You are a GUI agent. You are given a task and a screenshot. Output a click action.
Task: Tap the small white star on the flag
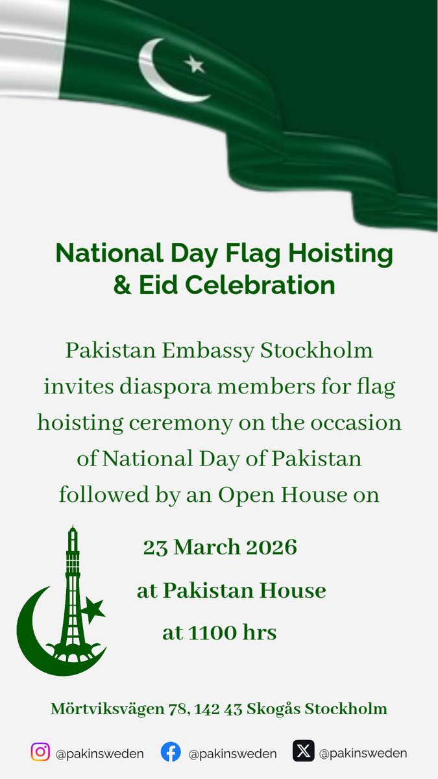pos(194,64)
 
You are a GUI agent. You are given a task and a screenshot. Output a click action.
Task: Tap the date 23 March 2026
pos(220,547)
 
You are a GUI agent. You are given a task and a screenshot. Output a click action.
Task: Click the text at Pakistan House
pos(231,591)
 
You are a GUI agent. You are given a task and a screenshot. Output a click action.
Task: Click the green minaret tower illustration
pos(73,584)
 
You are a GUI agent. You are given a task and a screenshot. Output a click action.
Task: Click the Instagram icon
pos(40,752)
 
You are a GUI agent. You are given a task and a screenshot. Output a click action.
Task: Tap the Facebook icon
pos(171,752)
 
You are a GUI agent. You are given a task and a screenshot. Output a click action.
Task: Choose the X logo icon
pos(304,752)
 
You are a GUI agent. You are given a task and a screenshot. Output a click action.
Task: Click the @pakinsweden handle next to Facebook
pos(232,754)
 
